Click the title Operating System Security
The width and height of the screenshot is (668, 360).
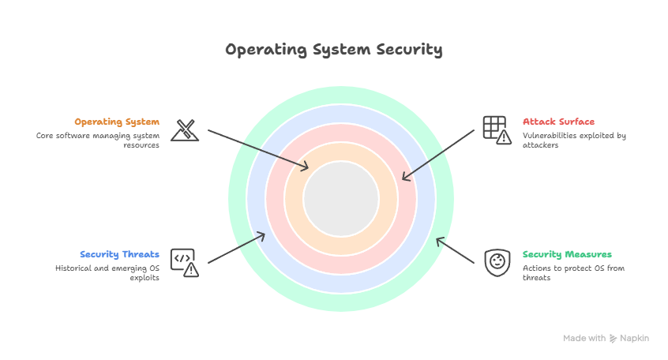click(333, 50)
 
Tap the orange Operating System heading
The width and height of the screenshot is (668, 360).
click(117, 122)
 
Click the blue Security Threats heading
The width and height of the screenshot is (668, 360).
click(119, 255)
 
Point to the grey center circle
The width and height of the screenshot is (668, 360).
click(341, 198)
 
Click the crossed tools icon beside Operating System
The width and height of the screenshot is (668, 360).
click(185, 129)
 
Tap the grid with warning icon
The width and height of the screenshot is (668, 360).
click(496, 129)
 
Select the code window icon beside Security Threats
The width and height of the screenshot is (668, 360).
click(185, 262)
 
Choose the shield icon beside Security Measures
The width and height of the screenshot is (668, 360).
click(496, 261)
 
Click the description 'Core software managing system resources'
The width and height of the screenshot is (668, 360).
click(97, 141)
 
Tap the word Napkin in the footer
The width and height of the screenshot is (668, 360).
click(634, 338)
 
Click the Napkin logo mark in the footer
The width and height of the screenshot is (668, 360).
click(614, 338)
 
